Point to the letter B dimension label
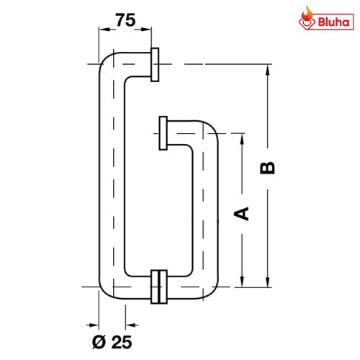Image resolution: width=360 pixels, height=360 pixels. (x=266, y=168)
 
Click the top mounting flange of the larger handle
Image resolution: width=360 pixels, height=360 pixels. (x=156, y=66)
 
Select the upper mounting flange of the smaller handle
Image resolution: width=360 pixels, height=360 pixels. (x=163, y=133)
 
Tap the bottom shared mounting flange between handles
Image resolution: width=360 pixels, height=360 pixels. (x=159, y=286)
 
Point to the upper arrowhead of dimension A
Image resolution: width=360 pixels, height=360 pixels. (x=242, y=137)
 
